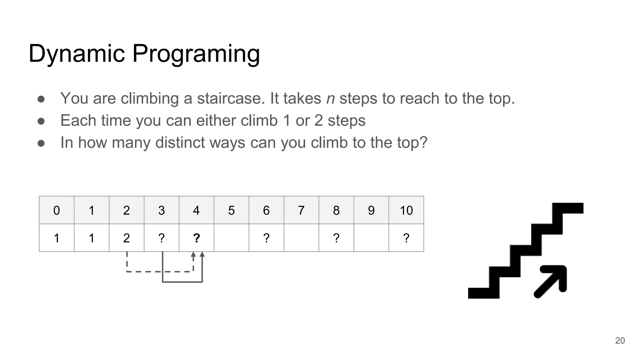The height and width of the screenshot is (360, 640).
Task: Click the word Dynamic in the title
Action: pyautogui.click(x=77, y=54)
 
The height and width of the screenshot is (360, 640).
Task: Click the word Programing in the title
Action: pyautogui.click(x=196, y=54)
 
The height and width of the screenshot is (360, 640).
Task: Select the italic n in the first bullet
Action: pyautogui.click(x=330, y=98)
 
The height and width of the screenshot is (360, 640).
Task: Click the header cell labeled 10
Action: pyautogui.click(x=406, y=210)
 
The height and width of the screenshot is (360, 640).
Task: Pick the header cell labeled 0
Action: pyautogui.click(x=57, y=210)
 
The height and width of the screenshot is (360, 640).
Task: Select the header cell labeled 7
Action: pyautogui.click(x=301, y=210)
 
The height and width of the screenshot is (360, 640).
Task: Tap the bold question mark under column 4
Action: pyautogui.click(x=196, y=238)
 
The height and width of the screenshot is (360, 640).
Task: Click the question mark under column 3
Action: pyautogui.click(x=161, y=238)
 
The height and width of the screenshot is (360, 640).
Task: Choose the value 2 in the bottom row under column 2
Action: pyautogui.click(x=126, y=238)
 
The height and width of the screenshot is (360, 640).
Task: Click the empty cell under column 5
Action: pyautogui.click(x=231, y=238)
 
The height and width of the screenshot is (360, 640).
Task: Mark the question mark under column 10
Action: pyautogui.click(x=406, y=238)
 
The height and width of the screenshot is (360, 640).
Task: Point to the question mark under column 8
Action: pyautogui.click(x=336, y=238)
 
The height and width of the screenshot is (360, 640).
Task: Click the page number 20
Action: pyautogui.click(x=620, y=341)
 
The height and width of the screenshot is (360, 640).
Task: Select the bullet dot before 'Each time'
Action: pyautogui.click(x=41, y=121)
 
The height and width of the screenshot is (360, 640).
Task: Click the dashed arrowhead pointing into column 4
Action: pyautogui.click(x=193, y=254)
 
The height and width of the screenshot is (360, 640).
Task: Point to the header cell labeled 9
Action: pyautogui.click(x=371, y=210)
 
